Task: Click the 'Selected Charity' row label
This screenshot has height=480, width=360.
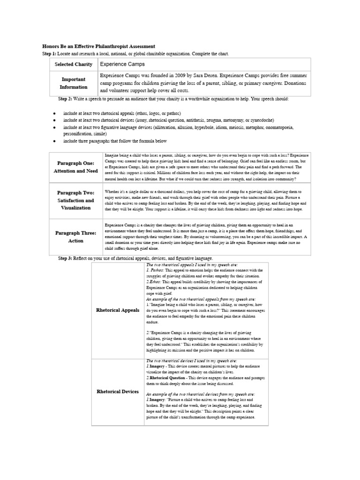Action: click(x=73, y=64)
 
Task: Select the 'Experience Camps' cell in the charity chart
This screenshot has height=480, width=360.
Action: click(x=122, y=64)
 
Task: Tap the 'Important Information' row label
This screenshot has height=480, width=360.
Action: click(x=73, y=83)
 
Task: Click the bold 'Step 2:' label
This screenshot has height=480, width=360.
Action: click(x=65, y=99)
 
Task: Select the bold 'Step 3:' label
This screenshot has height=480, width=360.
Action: click(x=65, y=258)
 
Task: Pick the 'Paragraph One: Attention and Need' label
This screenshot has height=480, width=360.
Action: click(x=75, y=167)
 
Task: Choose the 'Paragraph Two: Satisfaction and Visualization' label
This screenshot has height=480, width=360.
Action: click(x=75, y=200)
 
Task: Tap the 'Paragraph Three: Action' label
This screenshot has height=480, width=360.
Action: click(x=75, y=237)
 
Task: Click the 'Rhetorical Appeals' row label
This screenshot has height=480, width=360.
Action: click(x=118, y=310)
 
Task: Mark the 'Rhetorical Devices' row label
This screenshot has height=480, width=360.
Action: click(x=118, y=391)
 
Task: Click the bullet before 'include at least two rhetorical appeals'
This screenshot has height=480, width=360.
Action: click(x=54, y=114)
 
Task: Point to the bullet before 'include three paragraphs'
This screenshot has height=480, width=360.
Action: click(x=54, y=141)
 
